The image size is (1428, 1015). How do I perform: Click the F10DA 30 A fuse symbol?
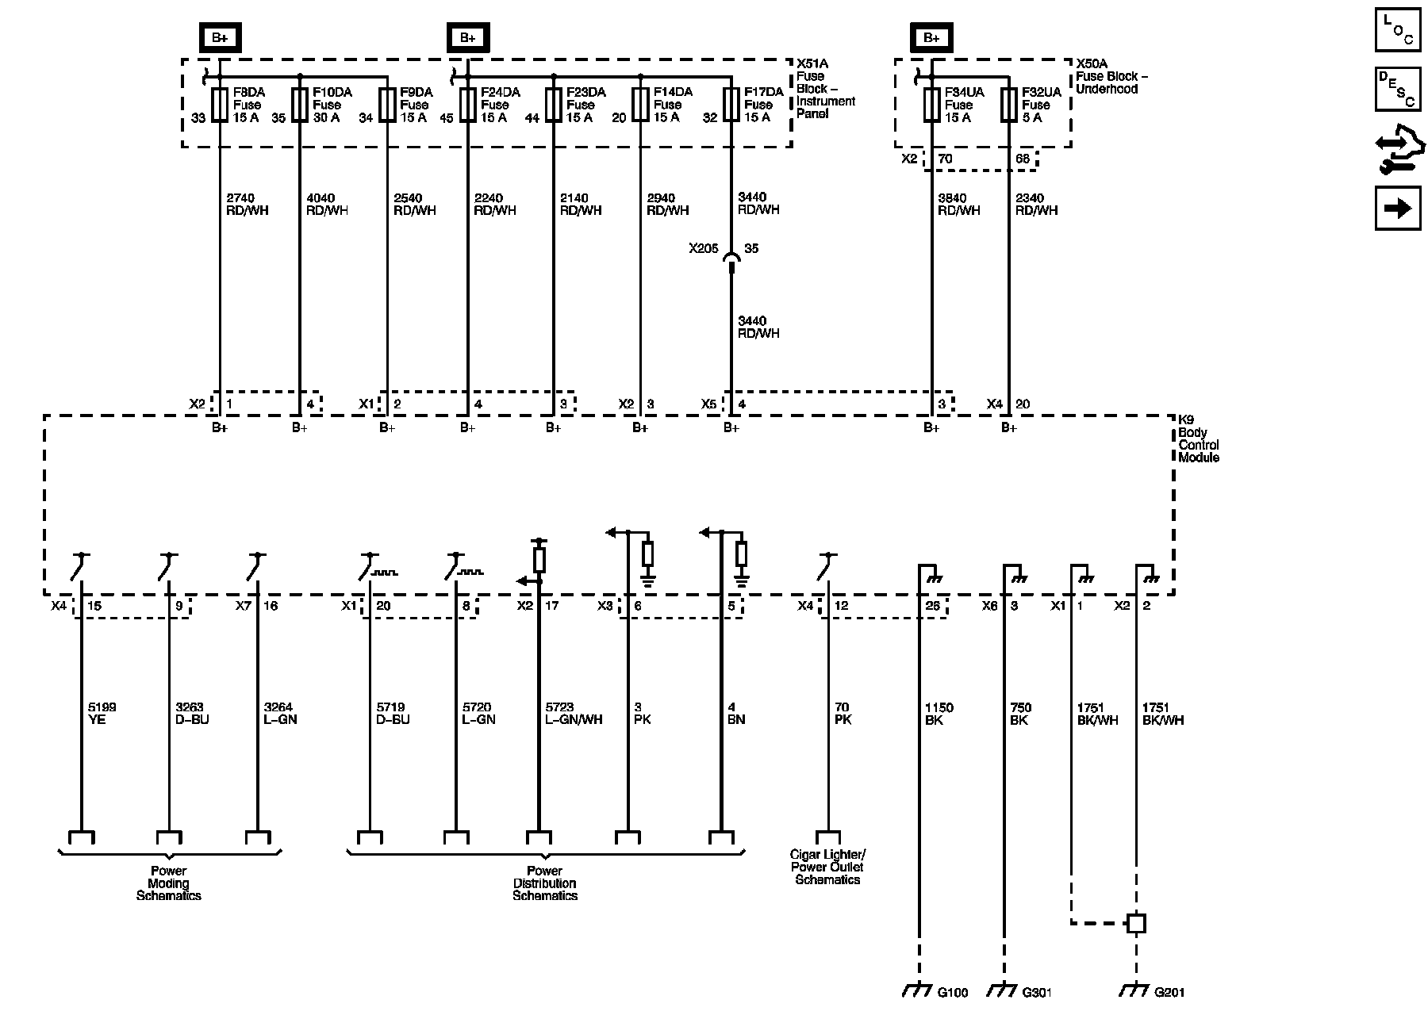pyautogui.click(x=299, y=105)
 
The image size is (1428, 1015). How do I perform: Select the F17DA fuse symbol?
pyautogui.click(x=731, y=105)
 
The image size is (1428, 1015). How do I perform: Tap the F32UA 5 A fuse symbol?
pyautogui.click(x=1008, y=105)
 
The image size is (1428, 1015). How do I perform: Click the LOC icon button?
pyautogui.click(x=1397, y=29)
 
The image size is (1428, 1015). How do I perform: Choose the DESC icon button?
pyautogui.click(x=1397, y=88)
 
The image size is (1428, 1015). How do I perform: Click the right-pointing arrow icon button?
pyautogui.click(x=1397, y=208)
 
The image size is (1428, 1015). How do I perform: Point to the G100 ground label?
pyautogui.click(x=952, y=992)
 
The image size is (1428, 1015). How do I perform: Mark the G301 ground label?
pyautogui.click(x=1037, y=992)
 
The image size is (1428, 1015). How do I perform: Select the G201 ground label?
pyautogui.click(x=1169, y=992)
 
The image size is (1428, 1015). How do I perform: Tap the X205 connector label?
pyautogui.click(x=703, y=249)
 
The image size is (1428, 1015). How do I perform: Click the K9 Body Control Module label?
pyautogui.click(x=1198, y=445)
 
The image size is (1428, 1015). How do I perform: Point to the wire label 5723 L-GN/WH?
pyautogui.click(x=574, y=714)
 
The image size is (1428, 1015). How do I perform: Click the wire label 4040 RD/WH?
pyautogui.click(x=327, y=204)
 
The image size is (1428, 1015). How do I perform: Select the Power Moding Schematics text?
pyautogui.click(x=169, y=883)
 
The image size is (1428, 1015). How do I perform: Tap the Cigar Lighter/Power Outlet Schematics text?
pyautogui.click(x=827, y=867)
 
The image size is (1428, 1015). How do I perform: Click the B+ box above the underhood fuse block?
pyautogui.click(x=931, y=38)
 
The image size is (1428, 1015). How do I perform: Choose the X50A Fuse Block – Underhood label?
pyautogui.click(x=1111, y=76)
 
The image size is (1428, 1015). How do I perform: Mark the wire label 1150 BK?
pyautogui.click(x=939, y=714)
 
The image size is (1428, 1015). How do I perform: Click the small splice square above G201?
pyautogui.click(x=1136, y=923)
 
